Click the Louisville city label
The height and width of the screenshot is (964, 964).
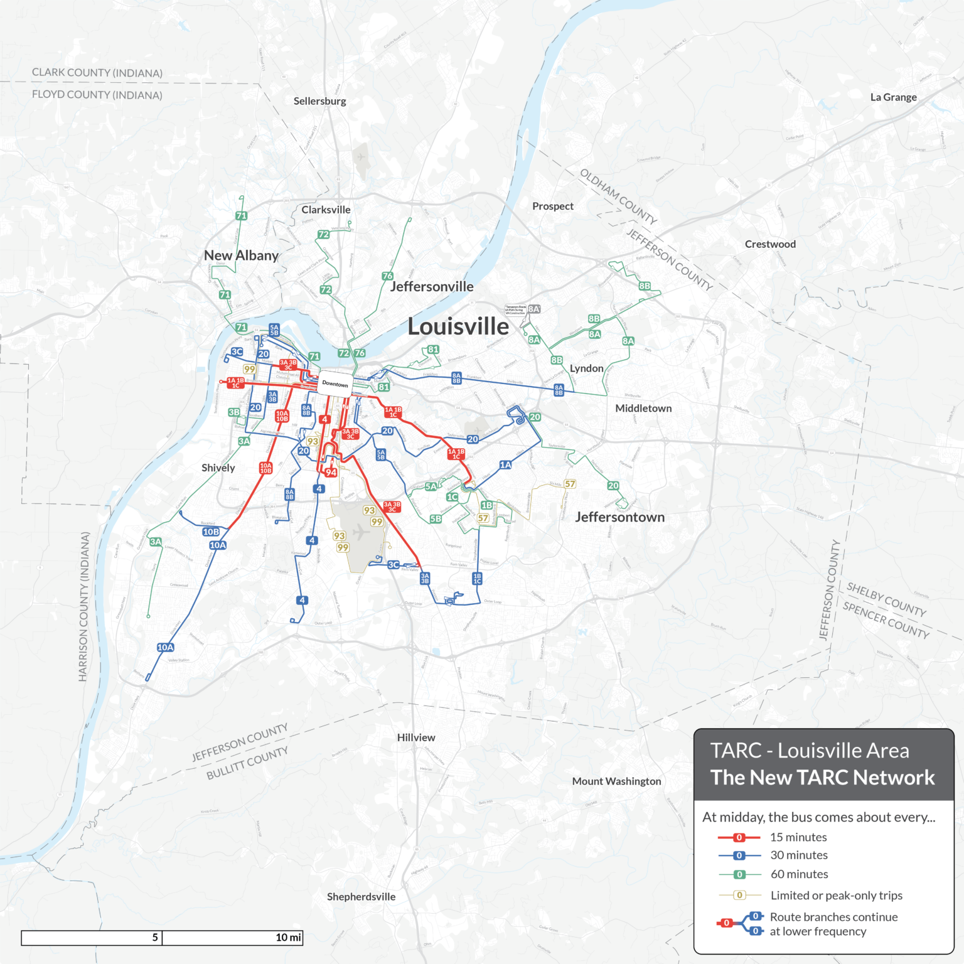458,326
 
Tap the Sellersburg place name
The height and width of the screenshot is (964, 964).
319,101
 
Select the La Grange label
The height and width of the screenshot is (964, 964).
893,97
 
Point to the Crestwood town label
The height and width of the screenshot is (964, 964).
770,244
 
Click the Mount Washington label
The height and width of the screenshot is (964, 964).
616,781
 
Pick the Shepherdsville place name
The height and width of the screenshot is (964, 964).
361,897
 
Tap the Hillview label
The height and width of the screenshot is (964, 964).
416,737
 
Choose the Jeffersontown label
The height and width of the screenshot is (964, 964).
619,517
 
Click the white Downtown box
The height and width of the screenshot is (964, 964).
335,383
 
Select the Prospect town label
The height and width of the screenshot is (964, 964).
552,206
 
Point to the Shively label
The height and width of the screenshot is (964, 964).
218,468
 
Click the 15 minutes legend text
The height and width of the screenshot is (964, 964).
798,837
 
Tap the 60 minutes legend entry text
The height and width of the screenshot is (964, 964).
799,874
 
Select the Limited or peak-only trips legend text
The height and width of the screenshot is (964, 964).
836,896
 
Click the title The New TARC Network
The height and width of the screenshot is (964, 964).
822,778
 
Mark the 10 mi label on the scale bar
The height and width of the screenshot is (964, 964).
288,938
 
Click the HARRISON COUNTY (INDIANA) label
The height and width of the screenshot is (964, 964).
83,606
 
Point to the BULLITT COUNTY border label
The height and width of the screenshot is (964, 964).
247,763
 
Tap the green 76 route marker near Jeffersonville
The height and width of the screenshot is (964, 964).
387,276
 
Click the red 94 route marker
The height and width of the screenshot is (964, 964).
331,473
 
